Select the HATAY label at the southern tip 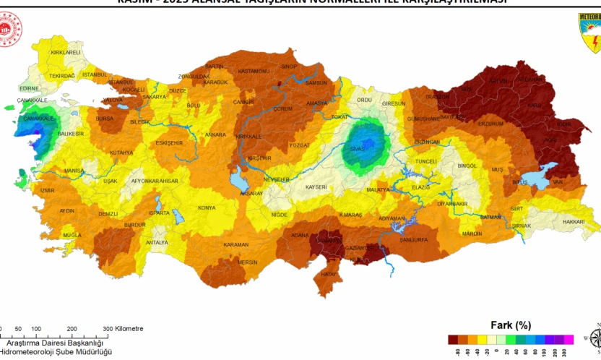(329, 274)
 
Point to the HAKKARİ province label (573, 221)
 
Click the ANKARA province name (215, 134)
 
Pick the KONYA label (207, 208)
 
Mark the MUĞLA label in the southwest (72, 236)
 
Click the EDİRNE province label (29, 89)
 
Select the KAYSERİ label (316, 187)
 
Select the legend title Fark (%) (511, 325)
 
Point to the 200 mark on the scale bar (72, 328)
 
